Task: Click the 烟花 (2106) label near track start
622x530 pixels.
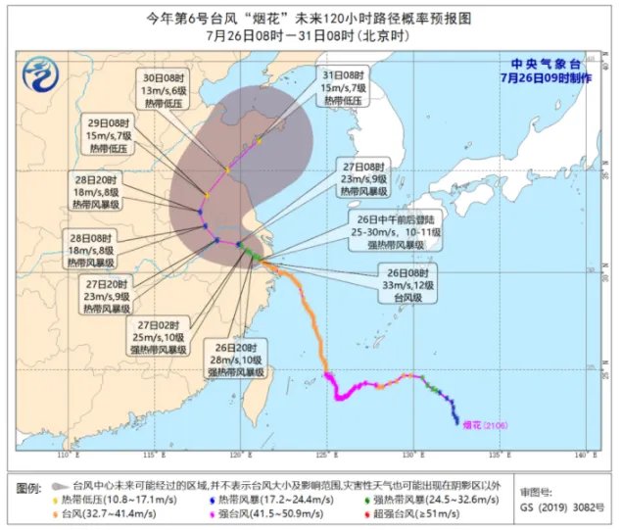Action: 490,424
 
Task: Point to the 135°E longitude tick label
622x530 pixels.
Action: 497,457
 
